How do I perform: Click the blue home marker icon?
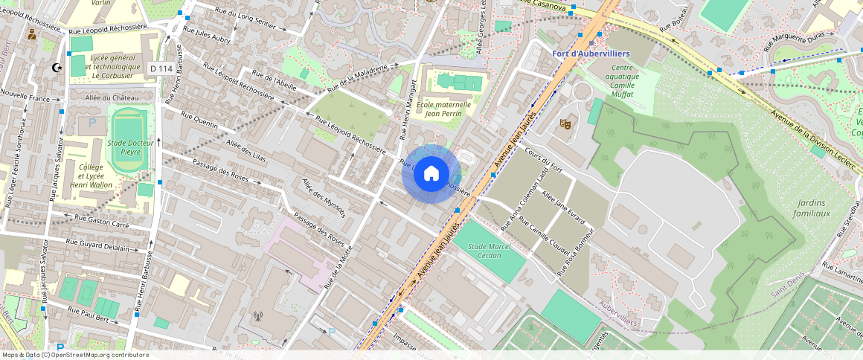(x=430, y=174)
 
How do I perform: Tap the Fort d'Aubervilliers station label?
(x=591, y=54)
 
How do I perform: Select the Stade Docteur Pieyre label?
(x=130, y=147)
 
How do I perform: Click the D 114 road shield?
(x=161, y=68)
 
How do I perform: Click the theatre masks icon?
(x=565, y=124)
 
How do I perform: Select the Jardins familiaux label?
(x=812, y=208)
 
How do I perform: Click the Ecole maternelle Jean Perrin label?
(x=443, y=109)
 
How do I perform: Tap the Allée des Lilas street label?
(x=246, y=149)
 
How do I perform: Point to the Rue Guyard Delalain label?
(x=103, y=245)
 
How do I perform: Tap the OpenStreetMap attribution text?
(x=74, y=355)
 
